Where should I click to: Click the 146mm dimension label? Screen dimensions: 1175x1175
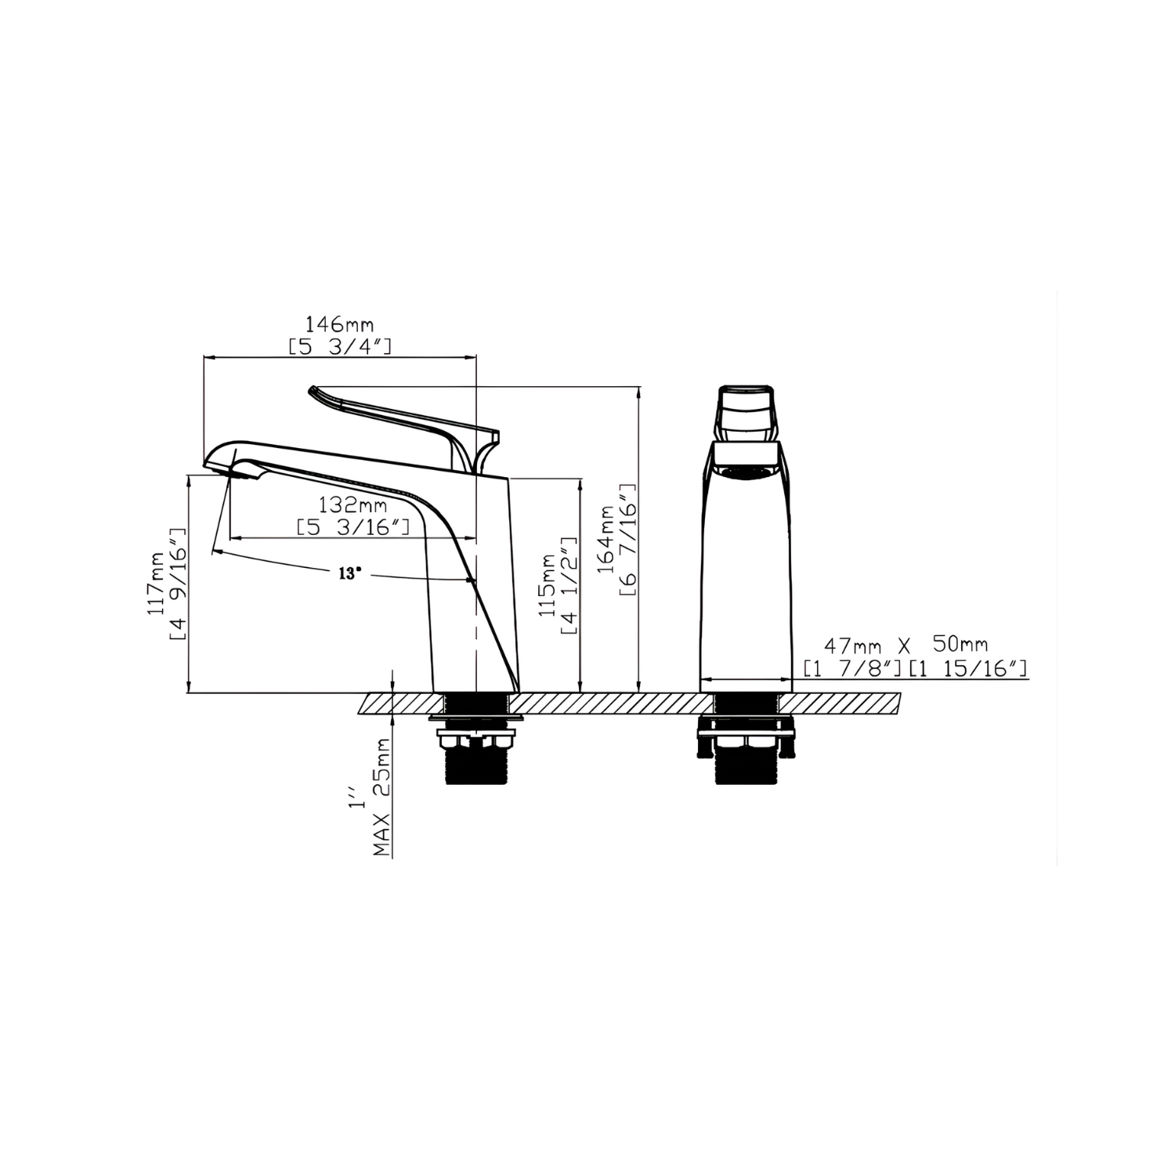pos(339,324)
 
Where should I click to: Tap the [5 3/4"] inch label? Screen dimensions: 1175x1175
pos(340,346)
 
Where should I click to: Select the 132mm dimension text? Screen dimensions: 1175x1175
pos(352,505)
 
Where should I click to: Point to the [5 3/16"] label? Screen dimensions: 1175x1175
pos(353,527)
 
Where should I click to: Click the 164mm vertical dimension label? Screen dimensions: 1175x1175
pos(608,540)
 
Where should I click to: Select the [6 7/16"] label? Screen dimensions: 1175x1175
pos(630,540)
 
